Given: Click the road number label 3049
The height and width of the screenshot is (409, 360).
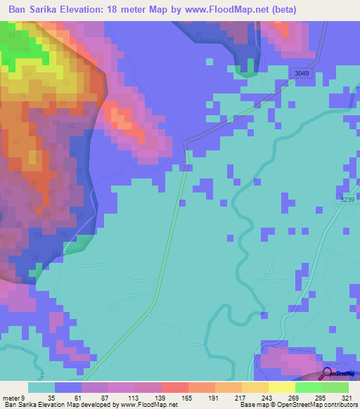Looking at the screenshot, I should pyautogui.click(x=302, y=74).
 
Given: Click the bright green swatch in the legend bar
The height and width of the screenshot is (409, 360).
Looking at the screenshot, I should pyautogui.click(x=308, y=387).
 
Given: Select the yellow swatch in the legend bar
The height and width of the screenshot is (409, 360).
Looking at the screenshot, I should pyautogui.click(x=281, y=387).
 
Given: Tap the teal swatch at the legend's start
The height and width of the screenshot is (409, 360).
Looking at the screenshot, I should pyautogui.click(x=41, y=387).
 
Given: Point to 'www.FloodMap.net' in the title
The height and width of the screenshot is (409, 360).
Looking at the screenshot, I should pyautogui.click(x=219, y=10).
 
